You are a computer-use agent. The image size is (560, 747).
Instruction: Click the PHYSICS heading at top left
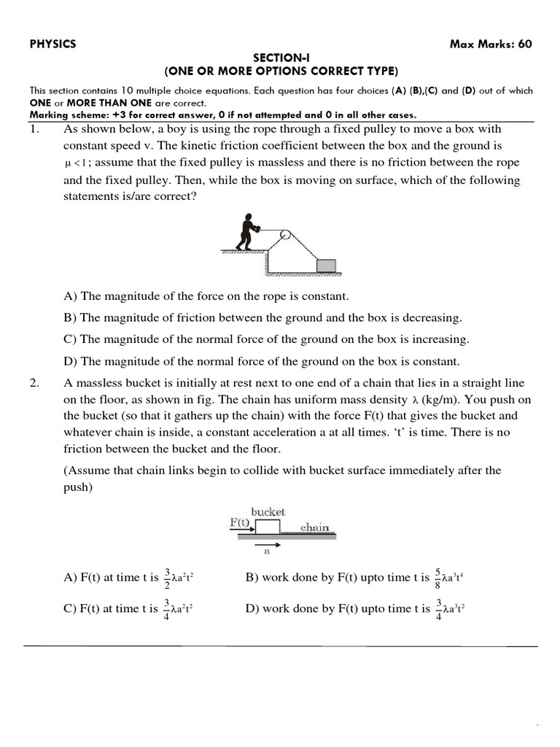click(x=52, y=44)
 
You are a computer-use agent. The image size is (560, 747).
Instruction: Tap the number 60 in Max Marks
click(x=524, y=44)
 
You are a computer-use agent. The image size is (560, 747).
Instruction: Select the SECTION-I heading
click(x=281, y=58)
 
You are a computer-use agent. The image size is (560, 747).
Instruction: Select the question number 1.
click(x=34, y=129)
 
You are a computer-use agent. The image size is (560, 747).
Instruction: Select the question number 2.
click(x=34, y=384)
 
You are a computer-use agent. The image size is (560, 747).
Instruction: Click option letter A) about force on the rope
click(x=71, y=297)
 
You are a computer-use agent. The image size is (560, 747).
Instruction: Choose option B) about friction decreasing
click(x=71, y=318)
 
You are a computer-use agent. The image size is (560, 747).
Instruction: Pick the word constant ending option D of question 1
click(x=439, y=361)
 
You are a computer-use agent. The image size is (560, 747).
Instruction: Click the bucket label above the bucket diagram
click(x=268, y=512)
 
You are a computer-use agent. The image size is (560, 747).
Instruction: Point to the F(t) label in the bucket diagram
click(x=240, y=522)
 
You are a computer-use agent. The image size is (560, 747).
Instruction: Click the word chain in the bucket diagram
click(x=314, y=527)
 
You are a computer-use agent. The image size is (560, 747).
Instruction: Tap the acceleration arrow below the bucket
click(x=268, y=543)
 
